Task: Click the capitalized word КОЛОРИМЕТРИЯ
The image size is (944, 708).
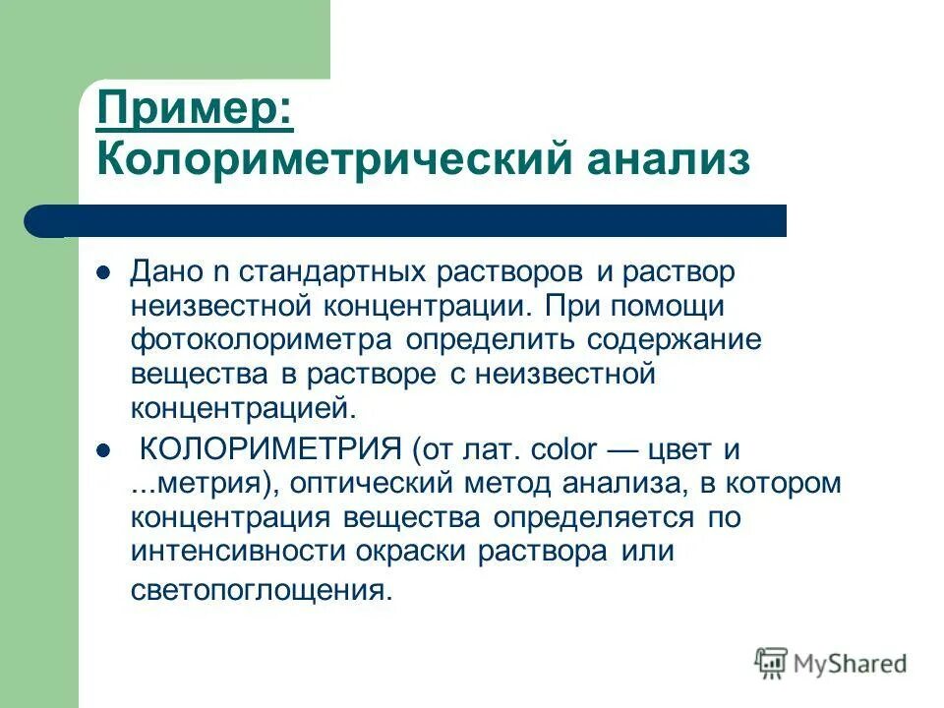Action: tap(269, 451)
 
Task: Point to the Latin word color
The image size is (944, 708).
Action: tap(562, 451)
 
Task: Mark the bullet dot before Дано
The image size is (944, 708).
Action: tap(102, 270)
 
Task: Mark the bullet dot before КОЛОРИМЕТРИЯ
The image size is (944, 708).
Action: tap(102, 451)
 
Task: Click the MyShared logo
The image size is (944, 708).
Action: tap(831, 664)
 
